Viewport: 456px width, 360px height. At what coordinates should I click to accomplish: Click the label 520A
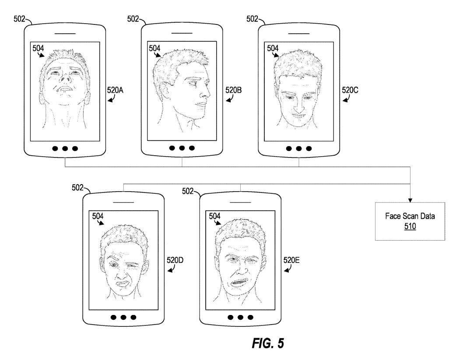[116, 91]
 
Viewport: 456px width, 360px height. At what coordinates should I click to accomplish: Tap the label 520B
[234, 91]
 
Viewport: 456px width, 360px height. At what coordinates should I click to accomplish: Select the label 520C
[350, 91]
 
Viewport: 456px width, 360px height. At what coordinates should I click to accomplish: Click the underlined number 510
[410, 227]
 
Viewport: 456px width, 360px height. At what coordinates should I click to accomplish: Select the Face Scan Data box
[410, 221]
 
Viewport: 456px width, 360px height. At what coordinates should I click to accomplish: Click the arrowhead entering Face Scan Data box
[410, 200]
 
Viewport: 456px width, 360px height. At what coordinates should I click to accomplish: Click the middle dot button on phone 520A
[65, 148]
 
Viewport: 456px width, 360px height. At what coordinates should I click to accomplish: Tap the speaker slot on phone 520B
[182, 33]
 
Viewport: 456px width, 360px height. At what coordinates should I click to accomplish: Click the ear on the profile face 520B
[168, 91]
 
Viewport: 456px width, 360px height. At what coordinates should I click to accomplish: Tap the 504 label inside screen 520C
[273, 48]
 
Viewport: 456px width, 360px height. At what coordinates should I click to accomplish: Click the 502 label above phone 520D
[77, 188]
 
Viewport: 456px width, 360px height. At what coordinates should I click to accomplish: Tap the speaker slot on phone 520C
[299, 33]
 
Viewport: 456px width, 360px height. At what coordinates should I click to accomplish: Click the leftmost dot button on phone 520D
[113, 317]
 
